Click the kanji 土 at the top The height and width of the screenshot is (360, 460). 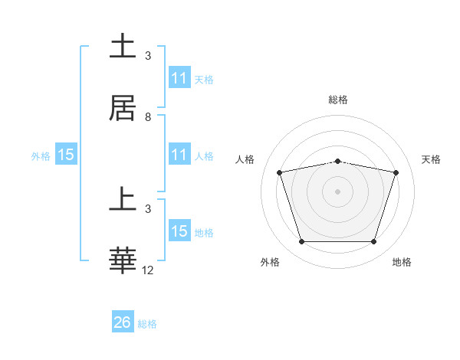pos(123,47)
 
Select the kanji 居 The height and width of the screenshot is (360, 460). pos(123,109)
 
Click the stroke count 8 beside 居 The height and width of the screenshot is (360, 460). pos(148,117)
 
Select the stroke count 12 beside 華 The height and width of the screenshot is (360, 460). pos(148,270)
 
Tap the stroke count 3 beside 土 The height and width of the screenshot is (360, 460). pos(148,56)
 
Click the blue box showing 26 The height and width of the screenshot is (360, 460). pos(123,322)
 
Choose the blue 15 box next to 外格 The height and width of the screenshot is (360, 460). pos(66,155)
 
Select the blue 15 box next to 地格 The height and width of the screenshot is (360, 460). pos(179,231)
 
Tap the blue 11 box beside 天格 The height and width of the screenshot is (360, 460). pos(179,78)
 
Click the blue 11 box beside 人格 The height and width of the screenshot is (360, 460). pos(179,155)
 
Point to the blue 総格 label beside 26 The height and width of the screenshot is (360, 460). pos(147,324)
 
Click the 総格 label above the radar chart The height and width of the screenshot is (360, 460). pos(338,100)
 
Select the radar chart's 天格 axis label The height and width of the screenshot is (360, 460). pos(432,159)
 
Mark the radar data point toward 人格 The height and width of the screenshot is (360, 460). pos(280,172)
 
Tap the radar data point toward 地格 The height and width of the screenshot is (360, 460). pos(373,241)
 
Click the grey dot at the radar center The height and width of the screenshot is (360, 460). pos(338,191)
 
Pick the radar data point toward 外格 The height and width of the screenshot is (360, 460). pos(301,241)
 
